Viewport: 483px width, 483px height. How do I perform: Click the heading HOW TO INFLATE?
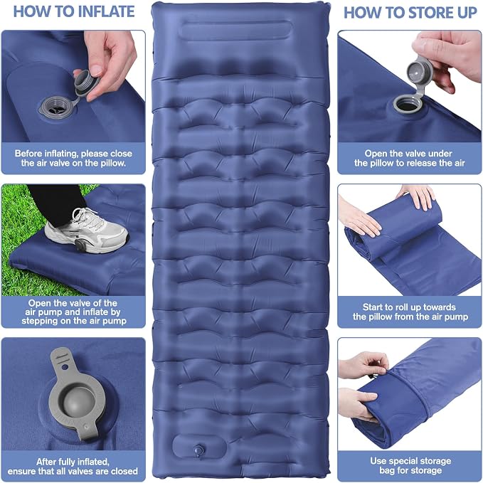click(x=74, y=11)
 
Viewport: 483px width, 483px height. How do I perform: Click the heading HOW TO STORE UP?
click(x=410, y=13)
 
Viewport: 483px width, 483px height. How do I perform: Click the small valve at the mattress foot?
click(x=198, y=450)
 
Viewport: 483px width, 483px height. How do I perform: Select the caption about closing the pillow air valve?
click(x=73, y=158)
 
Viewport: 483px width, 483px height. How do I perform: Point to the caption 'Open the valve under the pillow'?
click(x=410, y=158)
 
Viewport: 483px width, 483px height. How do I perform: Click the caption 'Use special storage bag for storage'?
click(x=410, y=465)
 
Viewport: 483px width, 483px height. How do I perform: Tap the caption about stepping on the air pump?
click(x=73, y=312)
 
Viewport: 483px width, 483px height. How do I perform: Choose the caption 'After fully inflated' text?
click(x=73, y=467)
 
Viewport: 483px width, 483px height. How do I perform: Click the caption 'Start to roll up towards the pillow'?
click(x=410, y=312)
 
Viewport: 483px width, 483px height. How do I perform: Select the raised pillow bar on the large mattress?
click(x=235, y=30)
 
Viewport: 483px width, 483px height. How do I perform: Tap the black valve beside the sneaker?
click(x=80, y=245)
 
